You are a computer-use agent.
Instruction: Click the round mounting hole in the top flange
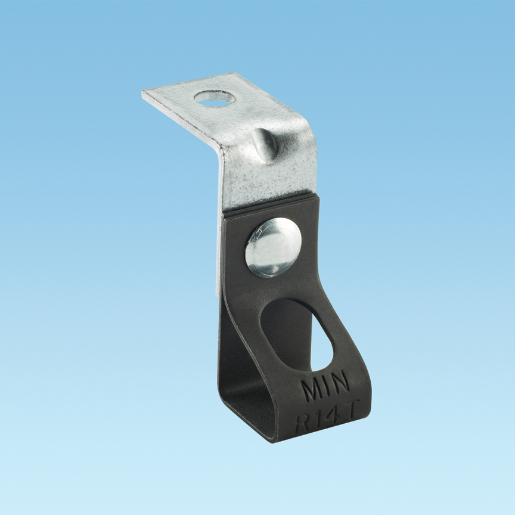click(214, 99)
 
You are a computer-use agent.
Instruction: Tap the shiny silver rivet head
click(272, 247)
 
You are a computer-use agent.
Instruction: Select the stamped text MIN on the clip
click(325, 389)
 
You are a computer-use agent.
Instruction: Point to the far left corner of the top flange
click(144, 94)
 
